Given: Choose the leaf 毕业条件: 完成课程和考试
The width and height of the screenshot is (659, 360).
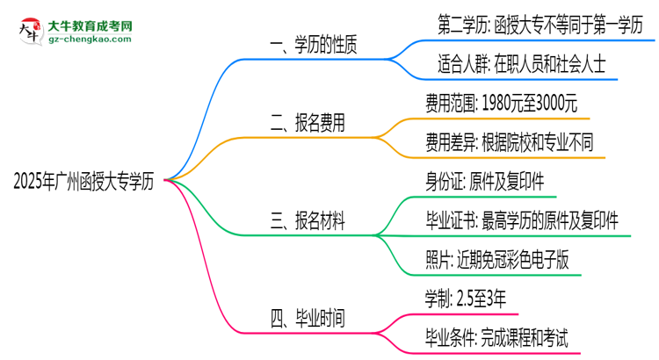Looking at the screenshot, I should pyautogui.click(x=496, y=336).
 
